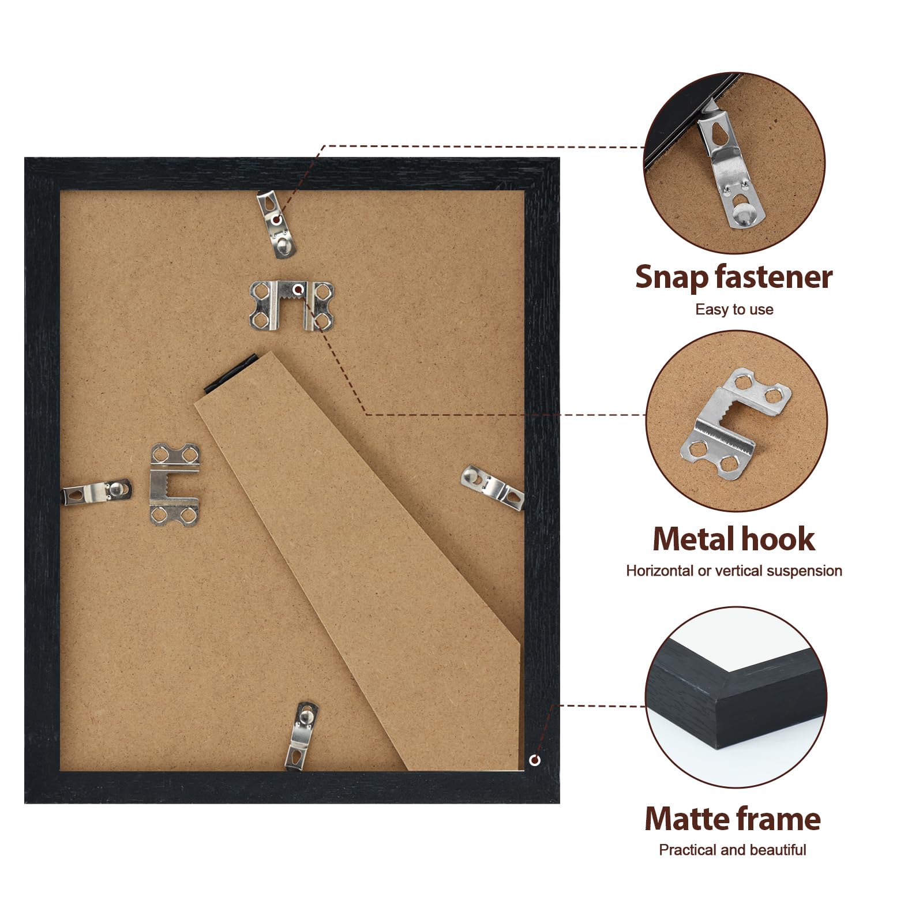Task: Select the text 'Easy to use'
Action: [734, 310]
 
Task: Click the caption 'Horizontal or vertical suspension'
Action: [734, 571]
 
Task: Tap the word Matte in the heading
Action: [682, 819]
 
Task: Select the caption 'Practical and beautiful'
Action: [733, 850]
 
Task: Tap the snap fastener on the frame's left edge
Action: [96, 492]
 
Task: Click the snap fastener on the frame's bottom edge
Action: [302, 736]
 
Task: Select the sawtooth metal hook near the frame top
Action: [291, 305]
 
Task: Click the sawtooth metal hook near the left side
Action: [174, 485]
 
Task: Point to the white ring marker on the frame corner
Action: [535, 760]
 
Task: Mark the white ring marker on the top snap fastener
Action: [277, 219]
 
